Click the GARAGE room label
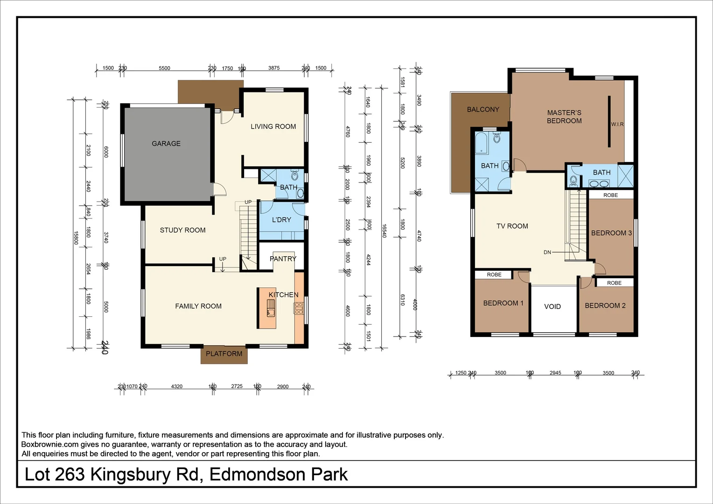(x=166, y=144)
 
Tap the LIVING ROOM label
(x=273, y=126)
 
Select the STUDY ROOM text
(x=182, y=230)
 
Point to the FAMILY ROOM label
(x=198, y=306)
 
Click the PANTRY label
(x=283, y=259)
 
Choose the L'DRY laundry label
(x=281, y=220)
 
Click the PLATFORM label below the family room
(x=224, y=354)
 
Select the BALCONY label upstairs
(x=483, y=110)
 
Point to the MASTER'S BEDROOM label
(x=564, y=117)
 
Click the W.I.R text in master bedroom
(x=617, y=124)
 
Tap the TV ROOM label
(x=512, y=226)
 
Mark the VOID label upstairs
(x=552, y=307)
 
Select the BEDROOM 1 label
(x=503, y=303)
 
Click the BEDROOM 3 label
(x=611, y=233)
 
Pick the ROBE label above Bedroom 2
(x=614, y=283)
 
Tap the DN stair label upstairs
(x=547, y=252)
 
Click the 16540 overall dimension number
(x=384, y=231)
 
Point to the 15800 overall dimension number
(x=76, y=238)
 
